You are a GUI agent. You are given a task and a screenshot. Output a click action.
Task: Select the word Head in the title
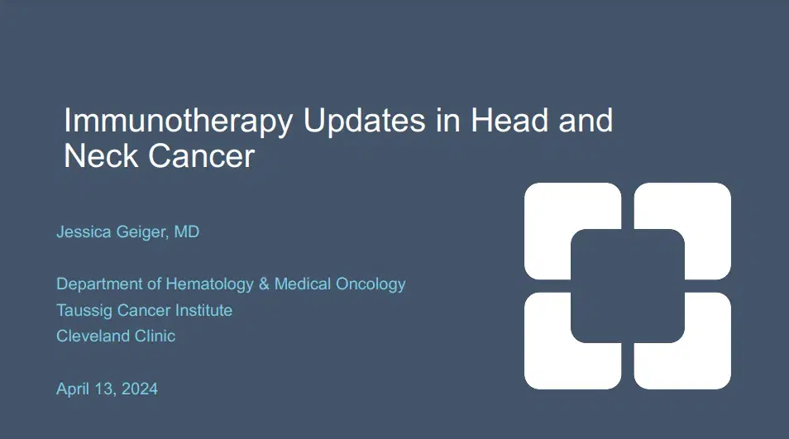click(506, 122)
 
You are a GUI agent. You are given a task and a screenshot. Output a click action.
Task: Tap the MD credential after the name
click(187, 232)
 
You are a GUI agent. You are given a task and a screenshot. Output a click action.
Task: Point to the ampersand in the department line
click(265, 284)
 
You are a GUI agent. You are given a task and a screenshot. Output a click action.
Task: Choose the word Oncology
click(371, 284)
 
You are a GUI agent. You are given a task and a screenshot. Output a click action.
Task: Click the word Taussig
click(82, 311)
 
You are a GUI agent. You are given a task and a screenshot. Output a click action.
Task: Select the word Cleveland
click(88, 336)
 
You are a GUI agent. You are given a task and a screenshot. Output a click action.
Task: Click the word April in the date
click(73, 389)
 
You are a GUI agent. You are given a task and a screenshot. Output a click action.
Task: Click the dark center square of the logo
click(628, 285)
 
